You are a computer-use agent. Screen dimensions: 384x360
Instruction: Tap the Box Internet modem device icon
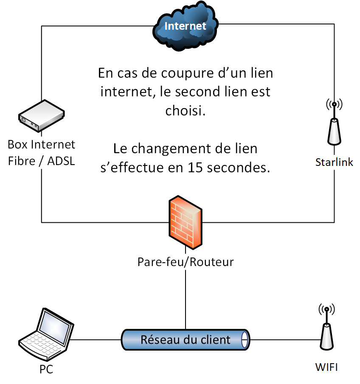click(x=41, y=116)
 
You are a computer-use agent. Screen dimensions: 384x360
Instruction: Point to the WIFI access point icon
click(x=326, y=329)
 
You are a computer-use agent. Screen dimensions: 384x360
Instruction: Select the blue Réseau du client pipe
click(x=185, y=339)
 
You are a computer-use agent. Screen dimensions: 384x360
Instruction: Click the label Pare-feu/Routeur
click(x=186, y=262)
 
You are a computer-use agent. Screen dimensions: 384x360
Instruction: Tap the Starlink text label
click(x=334, y=162)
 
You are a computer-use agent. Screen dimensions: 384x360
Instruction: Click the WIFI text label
click(x=326, y=367)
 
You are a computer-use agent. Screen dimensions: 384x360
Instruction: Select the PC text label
click(x=46, y=369)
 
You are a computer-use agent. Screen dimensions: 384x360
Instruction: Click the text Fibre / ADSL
click(x=42, y=161)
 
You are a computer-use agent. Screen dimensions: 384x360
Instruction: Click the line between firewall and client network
click(x=186, y=297)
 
